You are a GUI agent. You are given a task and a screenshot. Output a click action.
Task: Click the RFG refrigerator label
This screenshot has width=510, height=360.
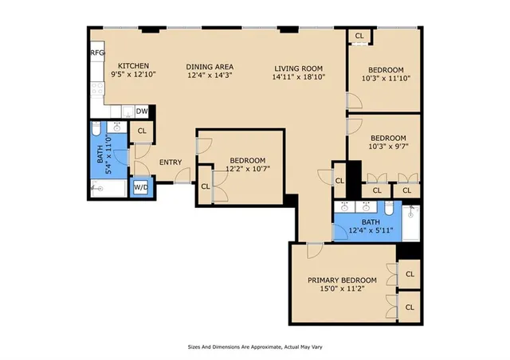97,53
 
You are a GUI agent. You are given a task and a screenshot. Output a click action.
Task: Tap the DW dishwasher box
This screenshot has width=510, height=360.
142,112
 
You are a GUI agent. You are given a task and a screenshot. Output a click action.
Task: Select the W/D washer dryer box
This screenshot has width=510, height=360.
140,187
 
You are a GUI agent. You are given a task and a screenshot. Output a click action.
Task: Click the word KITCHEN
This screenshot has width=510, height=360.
134,65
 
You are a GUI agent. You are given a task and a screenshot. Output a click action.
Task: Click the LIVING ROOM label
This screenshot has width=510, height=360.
299,68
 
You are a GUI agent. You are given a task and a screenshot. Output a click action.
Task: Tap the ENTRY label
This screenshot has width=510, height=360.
170,162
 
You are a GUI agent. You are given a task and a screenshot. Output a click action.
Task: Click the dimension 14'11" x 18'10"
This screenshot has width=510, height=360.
299,77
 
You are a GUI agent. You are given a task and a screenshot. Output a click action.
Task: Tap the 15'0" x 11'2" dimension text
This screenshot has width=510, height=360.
342,291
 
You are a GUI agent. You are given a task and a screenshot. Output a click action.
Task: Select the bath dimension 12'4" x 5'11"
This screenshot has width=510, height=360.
371,231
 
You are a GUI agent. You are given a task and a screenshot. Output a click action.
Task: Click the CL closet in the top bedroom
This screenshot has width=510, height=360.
359,36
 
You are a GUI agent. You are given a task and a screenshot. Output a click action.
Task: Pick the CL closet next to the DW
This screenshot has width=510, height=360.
142,131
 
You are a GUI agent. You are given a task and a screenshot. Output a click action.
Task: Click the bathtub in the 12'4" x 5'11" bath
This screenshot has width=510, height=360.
411,224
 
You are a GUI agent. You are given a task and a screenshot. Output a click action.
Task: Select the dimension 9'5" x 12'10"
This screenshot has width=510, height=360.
134,75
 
